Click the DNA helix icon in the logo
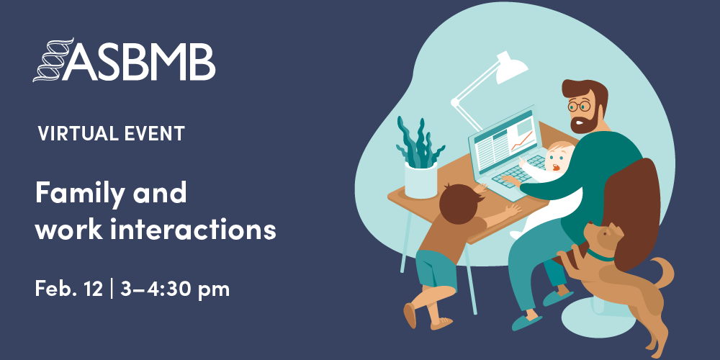pyautogui.click(x=53, y=60)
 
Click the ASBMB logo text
pyautogui.click(x=138, y=63)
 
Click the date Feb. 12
pyautogui.click(x=69, y=289)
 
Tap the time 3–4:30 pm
pyautogui.click(x=174, y=289)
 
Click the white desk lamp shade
pyautogui.click(x=511, y=69)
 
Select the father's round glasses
pyautogui.click(x=579, y=106)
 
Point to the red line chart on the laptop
pyautogui.click(x=522, y=141)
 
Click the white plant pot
pyautogui.click(x=420, y=181)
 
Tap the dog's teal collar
pyautogui.click(x=600, y=256)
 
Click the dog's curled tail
pyautogui.click(x=663, y=272)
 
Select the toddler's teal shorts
pyautogui.click(x=436, y=268)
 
